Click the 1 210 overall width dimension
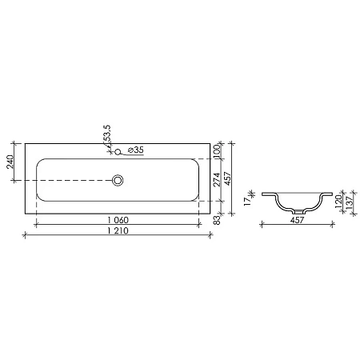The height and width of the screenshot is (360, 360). click(117, 230)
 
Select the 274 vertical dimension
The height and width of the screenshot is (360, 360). click(216, 180)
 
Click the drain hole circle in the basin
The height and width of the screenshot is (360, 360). click(118, 182)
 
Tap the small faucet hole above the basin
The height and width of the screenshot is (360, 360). click(118, 151)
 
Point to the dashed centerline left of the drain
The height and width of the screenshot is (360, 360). click(72, 182)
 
